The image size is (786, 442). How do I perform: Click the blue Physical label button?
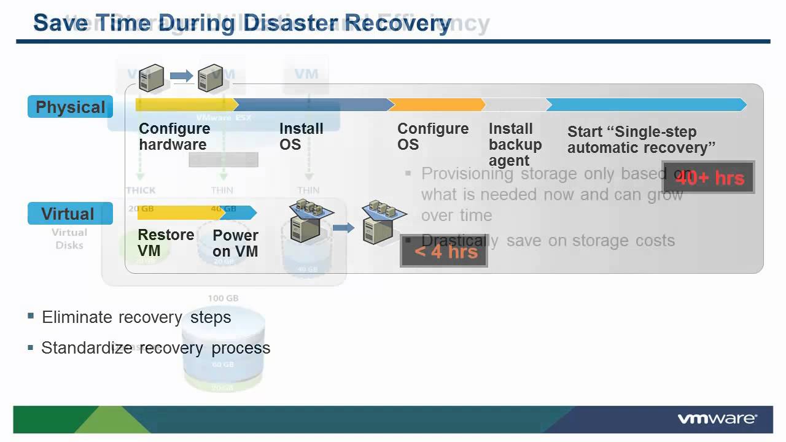point(70,107)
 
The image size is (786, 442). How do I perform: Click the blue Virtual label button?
point(69,214)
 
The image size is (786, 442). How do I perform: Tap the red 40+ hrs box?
point(709,178)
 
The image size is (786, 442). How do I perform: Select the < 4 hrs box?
point(443,251)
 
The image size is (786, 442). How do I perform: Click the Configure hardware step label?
point(174,136)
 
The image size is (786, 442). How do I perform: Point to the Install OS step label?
point(301,136)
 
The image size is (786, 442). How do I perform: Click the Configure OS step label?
point(432,136)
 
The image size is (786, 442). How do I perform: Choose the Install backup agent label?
point(515,144)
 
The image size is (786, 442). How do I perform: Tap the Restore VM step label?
point(165,242)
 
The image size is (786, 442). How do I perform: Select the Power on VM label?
point(235,242)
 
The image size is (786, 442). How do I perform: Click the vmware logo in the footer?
point(717,419)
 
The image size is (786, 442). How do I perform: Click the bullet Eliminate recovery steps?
point(136,317)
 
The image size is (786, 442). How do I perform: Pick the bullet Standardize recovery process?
point(155,348)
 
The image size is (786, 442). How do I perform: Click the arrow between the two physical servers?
point(181,76)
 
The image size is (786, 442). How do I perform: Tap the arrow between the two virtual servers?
point(344,228)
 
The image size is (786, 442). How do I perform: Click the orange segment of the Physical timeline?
point(437,105)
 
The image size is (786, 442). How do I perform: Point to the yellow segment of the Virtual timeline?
point(178,213)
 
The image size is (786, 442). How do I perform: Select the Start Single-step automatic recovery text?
point(641,139)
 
